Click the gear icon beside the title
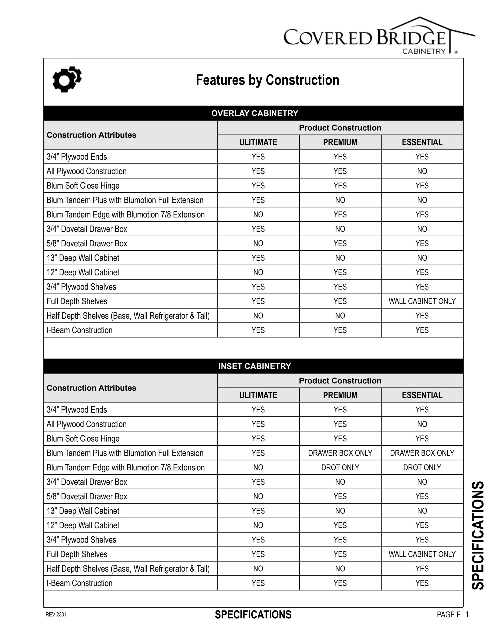click(67, 79)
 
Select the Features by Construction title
click(267, 80)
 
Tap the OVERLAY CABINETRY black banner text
click(255, 113)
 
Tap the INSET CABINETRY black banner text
click(255, 366)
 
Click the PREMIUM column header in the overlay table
click(340, 142)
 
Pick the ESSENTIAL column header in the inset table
click(422, 395)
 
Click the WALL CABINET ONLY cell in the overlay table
click(422, 301)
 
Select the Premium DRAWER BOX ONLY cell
click(340, 453)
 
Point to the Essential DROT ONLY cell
click(422, 467)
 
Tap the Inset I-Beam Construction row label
click(80, 583)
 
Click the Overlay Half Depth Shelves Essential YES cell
click(422, 316)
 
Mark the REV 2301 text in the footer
click(56, 615)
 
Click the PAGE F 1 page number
click(452, 615)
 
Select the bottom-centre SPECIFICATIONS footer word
click(253, 615)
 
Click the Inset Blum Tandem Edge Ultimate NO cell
click(258, 467)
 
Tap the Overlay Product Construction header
click(340, 128)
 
